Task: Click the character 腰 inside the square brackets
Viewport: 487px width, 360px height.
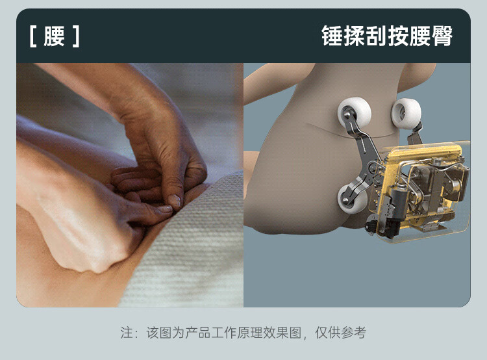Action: (x=54, y=36)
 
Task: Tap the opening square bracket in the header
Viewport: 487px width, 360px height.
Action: (x=32, y=36)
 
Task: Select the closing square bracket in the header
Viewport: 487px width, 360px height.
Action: (x=77, y=36)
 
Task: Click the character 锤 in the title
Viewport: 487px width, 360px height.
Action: (x=332, y=36)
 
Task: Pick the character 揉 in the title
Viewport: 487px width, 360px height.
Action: (x=355, y=36)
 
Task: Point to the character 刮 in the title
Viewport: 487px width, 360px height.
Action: (x=376, y=36)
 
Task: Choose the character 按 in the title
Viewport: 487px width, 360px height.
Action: (x=398, y=36)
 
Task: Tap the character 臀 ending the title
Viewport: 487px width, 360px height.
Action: (x=442, y=36)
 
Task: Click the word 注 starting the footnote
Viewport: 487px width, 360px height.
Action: (x=127, y=333)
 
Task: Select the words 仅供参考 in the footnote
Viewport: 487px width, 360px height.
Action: (x=341, y=333)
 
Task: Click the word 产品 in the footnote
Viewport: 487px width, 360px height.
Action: (x=197, y=333)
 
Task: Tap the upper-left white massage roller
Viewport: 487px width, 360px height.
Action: (x=354, y=112)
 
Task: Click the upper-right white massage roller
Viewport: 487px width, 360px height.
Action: (x=406, y=114)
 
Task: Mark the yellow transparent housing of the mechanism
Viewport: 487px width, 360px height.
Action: (x=423, y=190)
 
